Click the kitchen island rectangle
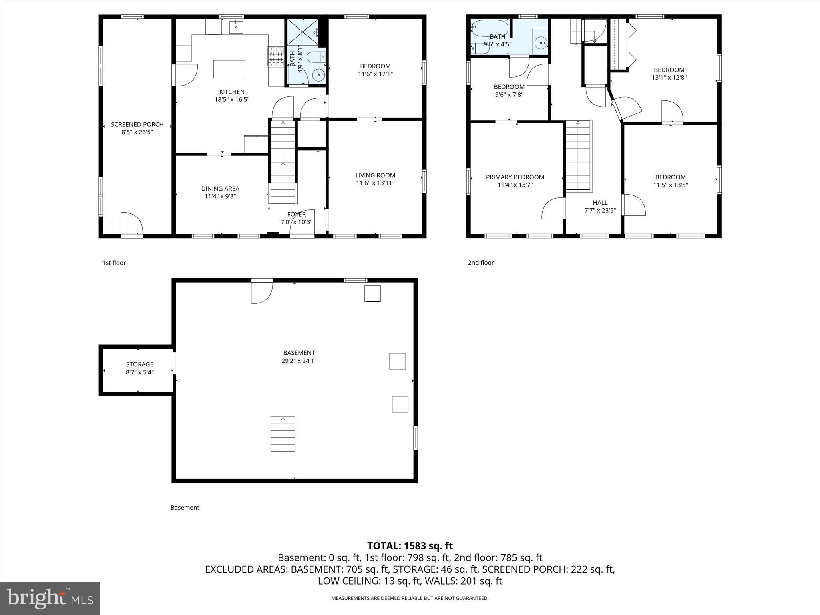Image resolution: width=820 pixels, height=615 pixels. pyautogui.click(x=229, y=69)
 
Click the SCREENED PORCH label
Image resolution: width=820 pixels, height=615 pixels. pyautogui.click(x=137, y=125)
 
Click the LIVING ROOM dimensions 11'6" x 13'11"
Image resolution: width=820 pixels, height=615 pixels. pyautogui.click(x=375, y=183)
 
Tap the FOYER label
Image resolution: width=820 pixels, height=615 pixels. pyautogui.click(x=296, y=214)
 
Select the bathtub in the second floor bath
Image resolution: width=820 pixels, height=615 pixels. pyautogui.click(x=489, y=28)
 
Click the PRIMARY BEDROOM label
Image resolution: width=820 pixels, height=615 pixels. pyautogui.click(x=515, y=177)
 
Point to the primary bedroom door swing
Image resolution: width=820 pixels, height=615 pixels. pyautogui.click(x=553, y=209)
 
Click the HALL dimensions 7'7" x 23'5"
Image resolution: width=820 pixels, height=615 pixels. pyautogui.click(x=600, y=210)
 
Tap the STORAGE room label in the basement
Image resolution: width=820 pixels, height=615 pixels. pyautogui.click(x=139, y=364)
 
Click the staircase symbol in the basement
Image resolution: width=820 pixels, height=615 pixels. pyautogui.click(x=283, y=434)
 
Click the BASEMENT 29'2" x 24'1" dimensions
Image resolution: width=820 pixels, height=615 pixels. pyautogui.click(x=299, y=361)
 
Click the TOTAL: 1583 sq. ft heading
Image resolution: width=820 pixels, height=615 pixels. pyautogui.click(x=410, y=546)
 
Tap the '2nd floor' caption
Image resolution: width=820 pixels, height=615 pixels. pyautogui.click(x=481, y=263)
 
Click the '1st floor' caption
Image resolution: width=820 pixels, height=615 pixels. pyautogui.click(x=114, y=263)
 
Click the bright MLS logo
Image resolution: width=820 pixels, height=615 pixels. pyautogui.click(x=50, y=598)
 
